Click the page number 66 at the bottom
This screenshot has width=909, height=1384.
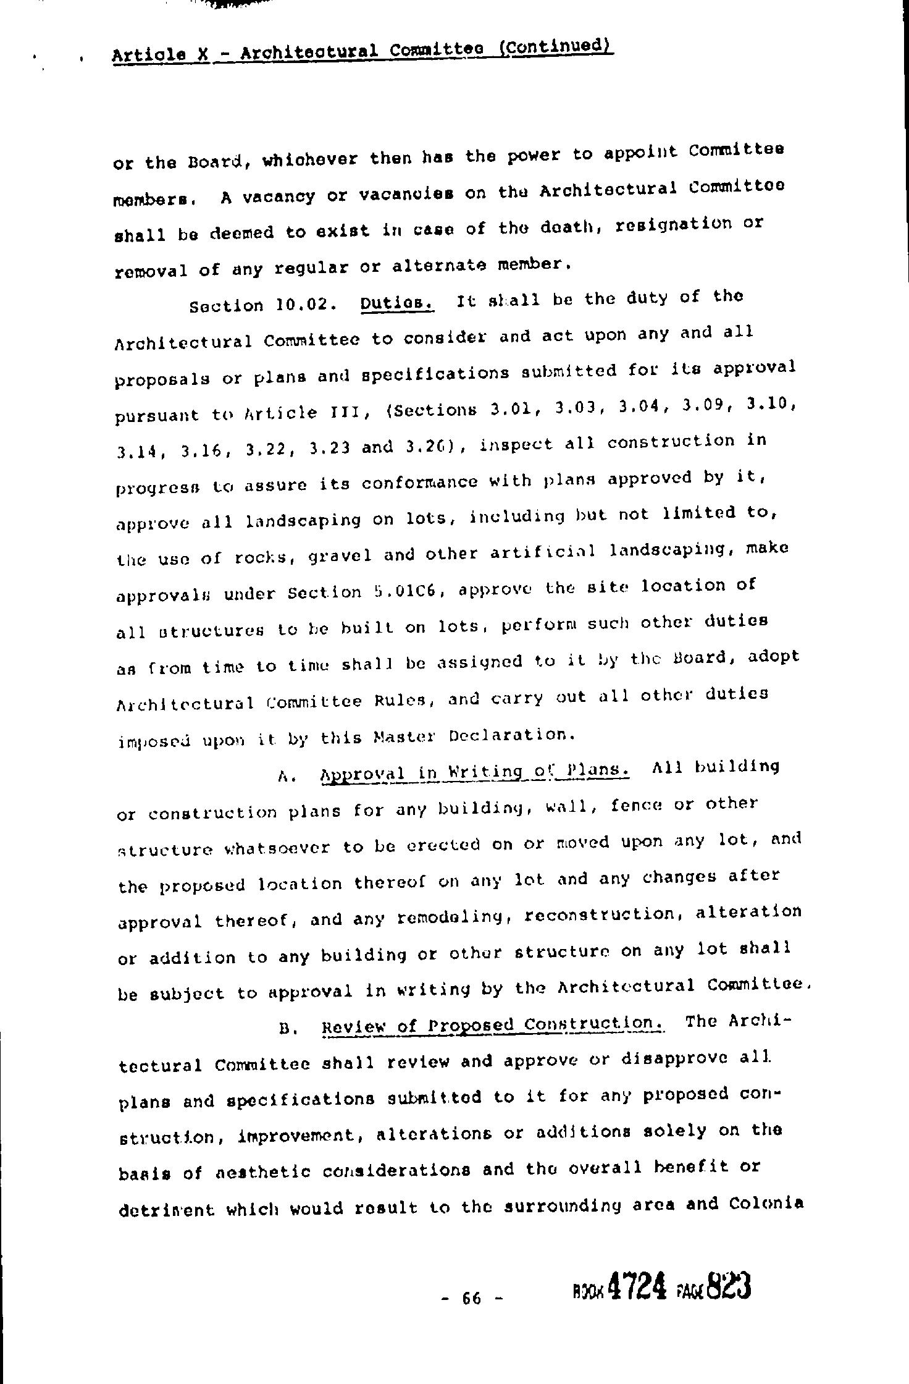point(471,1298)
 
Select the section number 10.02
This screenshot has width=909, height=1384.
point(300,305)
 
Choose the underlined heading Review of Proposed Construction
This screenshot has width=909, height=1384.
point(493,1026)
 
